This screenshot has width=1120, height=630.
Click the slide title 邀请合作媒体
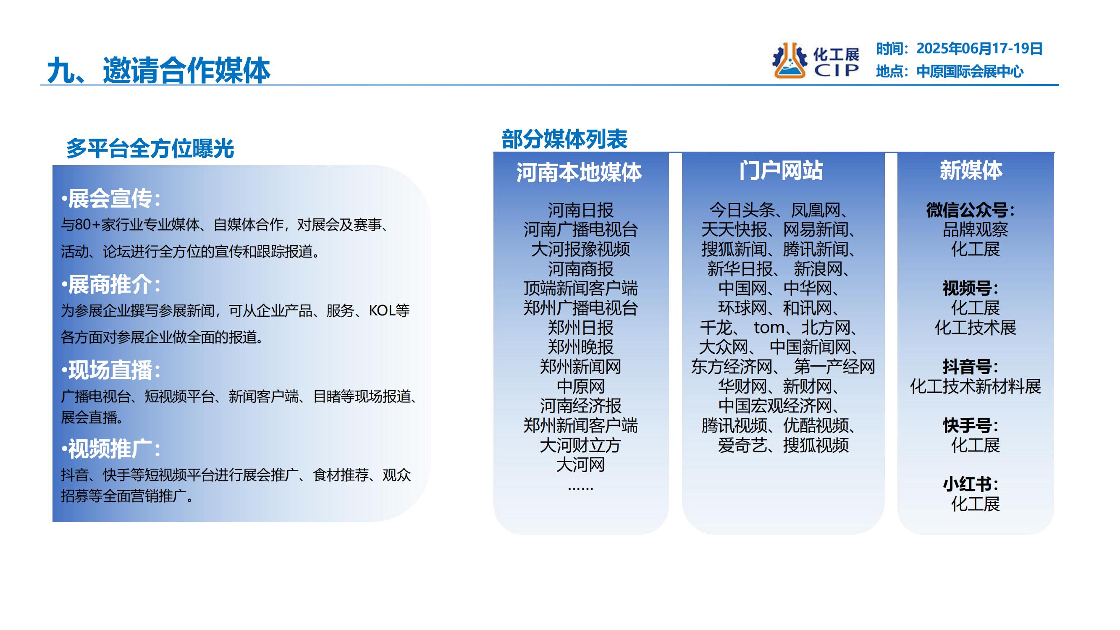click(186, 71)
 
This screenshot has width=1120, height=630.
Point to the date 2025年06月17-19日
click(979, 49)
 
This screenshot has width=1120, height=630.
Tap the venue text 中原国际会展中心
click(970, 71)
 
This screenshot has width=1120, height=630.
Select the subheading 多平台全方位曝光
click(150, 149)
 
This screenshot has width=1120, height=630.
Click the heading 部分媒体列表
click(564, 139)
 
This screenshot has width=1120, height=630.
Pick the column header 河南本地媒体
click(579, 172)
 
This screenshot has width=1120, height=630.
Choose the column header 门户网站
click(781, 170)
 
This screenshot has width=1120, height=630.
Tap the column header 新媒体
click(971, 170)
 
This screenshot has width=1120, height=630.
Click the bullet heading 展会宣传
click(110, 199)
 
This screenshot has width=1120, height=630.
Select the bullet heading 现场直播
click(110, 370)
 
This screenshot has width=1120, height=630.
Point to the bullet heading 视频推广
click(110, 449)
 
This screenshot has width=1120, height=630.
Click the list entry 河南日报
click(580, 210)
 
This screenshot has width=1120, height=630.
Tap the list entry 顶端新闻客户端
click(580, 288)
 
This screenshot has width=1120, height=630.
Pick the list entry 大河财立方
click(580, 445)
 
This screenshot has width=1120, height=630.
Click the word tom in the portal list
click(769, 328)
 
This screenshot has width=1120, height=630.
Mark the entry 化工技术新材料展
click(975, 386)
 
